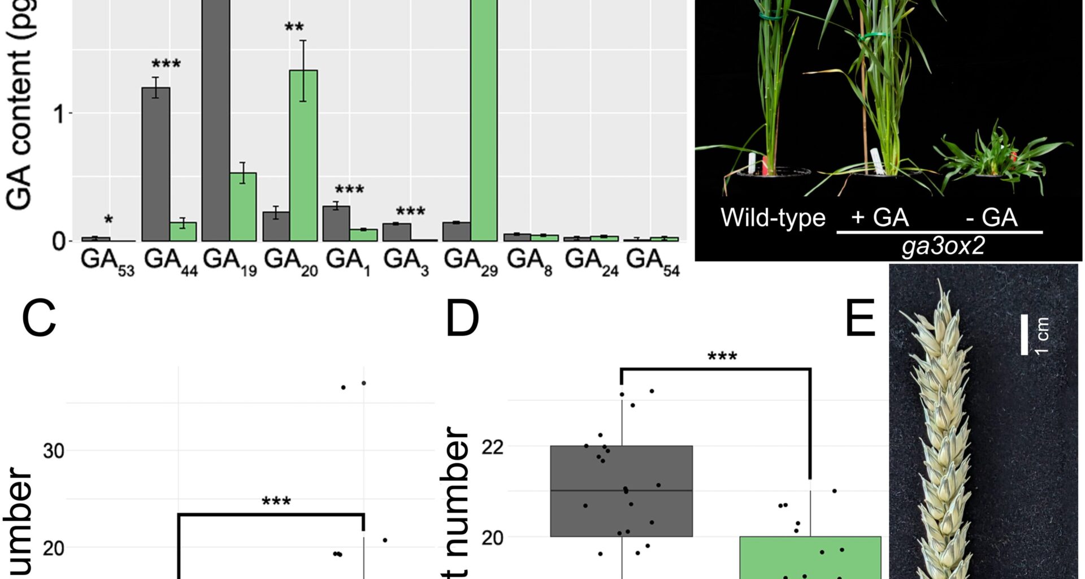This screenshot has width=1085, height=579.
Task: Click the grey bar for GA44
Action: [x=155, y=164]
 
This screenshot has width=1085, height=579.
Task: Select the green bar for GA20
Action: [x=303, y=155]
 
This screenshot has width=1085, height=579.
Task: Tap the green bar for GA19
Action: [x=243, y=207]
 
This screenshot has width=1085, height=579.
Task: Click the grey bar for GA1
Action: [x=336, y=223]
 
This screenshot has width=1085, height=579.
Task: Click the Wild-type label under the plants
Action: [x=772, y=218]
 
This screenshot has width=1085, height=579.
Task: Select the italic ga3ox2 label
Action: [x=943, y=247]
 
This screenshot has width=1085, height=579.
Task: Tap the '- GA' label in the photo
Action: [x=991, y=218]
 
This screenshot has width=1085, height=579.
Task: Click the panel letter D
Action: [x=462, y=318]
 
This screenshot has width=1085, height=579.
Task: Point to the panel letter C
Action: [x=39, y=318]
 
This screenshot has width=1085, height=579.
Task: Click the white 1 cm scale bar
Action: [x=1025, y=335]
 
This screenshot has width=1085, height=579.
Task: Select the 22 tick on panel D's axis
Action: [x=492, y=447]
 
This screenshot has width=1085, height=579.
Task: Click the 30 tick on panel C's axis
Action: [x=53, y=451]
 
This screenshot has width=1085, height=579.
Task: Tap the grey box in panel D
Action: [x=621, y=490]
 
